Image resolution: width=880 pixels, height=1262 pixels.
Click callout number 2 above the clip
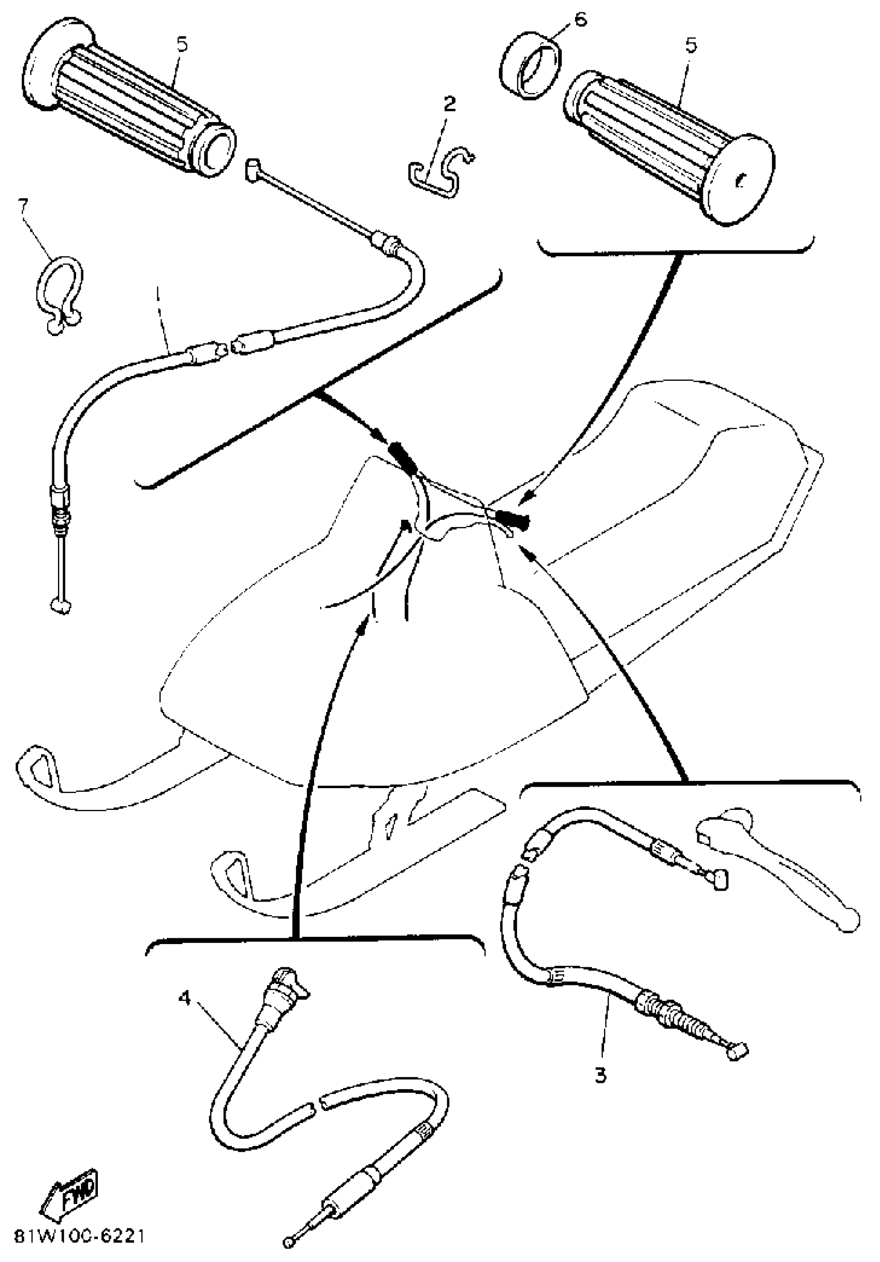coord(450,104)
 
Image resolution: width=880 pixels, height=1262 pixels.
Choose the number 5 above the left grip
coord(182,44)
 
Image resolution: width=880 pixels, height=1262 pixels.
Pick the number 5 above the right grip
coord(691,46)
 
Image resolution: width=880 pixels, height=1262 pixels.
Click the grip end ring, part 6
coord(531,67)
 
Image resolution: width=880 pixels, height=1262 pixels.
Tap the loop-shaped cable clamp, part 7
coord(59,294)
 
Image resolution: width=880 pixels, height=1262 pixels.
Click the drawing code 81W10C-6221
coord(80,1236)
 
